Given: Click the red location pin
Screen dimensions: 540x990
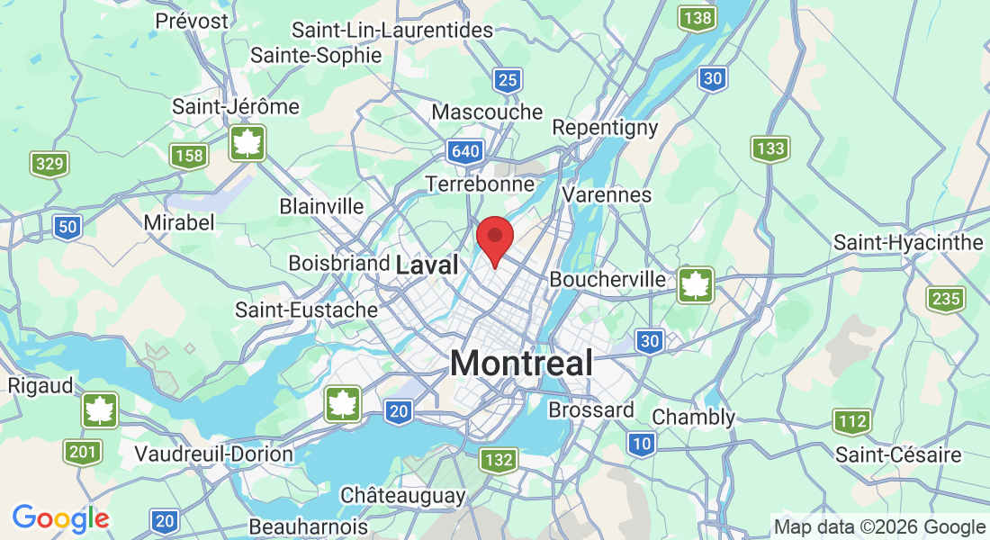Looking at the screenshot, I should click(494, 238).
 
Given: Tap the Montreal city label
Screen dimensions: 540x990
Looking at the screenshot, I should click(521, 364).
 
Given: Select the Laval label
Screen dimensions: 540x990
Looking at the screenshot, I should click(427, 265).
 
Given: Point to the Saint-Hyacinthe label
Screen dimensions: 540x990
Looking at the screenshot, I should click(908, 243).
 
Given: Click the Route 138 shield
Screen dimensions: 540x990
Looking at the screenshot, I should click(697, 18).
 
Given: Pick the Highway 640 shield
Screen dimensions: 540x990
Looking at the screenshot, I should click(466, 151).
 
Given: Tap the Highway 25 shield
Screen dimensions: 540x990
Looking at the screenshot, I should click(508, 81).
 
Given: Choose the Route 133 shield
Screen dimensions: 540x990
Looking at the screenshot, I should click(770, 148).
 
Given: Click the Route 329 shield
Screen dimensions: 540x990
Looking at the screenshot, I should click(49, 164).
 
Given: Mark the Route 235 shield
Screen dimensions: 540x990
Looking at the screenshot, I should click(946, 299).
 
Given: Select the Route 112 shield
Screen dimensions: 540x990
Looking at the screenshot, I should click(851, 420).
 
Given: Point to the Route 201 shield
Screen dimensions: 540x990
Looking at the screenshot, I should click(83, 452).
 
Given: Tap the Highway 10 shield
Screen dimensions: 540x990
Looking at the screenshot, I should click(641, 443).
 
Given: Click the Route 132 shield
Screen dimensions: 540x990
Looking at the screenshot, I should click(499, 461).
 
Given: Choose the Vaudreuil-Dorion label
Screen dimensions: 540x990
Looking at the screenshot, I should click(213, 454).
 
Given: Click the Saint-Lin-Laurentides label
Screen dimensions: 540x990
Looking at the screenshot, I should click(392, 30).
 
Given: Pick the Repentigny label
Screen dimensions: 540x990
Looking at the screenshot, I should click(605, 128).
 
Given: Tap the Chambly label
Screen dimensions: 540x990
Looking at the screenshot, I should click(693, 418).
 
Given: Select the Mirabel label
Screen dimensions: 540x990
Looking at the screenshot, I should click(179, 222).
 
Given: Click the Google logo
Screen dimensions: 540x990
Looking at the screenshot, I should click(60, 518).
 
